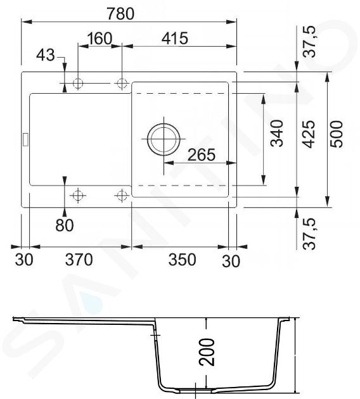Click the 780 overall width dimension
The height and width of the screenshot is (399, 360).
click(120, 14)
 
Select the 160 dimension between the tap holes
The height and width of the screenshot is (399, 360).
click(100, 39)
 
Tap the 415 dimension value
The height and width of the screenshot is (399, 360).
click(175, 39)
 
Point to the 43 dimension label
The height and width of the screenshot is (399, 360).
click(46, 55)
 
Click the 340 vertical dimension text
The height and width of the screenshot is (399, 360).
click(277, 133)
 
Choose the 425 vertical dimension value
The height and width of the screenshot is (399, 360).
click(309, 134)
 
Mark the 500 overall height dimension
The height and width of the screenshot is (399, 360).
click(337, 134)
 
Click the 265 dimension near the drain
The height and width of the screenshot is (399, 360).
click(202, 155)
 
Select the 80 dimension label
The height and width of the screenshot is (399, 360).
click(65, 225)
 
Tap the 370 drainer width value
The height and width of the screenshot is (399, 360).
click(79, 260)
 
